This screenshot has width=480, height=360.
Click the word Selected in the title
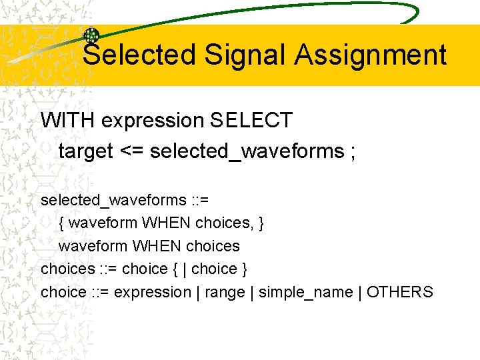[x=139, y=55]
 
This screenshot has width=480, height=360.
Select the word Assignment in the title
[x=371, y=55]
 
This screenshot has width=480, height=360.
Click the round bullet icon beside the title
[x=91, y=35]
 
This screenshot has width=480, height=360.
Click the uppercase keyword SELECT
[x=251, y=121]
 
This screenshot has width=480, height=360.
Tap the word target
[x=86, y=151]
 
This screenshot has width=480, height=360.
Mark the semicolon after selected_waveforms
[x=351, y=151]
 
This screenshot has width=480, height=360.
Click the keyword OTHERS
[x=400, y=292]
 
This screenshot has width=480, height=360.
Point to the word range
[x=223, y=292]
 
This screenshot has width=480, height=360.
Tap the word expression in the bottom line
[x=153, y=292]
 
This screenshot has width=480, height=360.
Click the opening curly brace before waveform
[x=61, y=223]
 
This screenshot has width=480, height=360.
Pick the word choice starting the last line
[x=63, y=292]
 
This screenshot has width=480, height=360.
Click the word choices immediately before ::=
[x=68, y=269]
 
